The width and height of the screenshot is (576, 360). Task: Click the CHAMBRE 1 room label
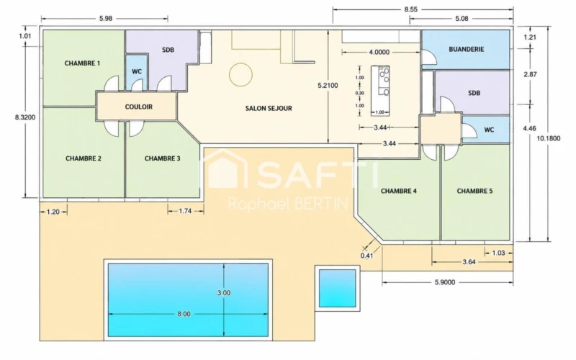point(82,63)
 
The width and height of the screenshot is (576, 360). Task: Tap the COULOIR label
point(138,107)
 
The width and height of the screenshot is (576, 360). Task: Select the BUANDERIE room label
point(466,49)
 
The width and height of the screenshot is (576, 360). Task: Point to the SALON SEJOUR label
point(269,109)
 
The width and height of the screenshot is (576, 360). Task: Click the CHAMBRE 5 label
point(474,191)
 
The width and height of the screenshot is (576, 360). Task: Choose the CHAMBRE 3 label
point(163,158)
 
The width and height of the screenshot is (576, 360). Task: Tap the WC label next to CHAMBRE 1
point(137,71)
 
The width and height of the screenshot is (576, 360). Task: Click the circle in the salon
point(240,75)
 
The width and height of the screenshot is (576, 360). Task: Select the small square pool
point(337,289)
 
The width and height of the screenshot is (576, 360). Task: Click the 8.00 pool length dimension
point(184,314)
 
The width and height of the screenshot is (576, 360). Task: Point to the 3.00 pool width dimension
point(224,293)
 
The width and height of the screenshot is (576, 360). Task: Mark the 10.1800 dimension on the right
point(549,138)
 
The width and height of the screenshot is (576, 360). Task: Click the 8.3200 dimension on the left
point(25,117)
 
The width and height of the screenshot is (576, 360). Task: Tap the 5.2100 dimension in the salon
point(328,86)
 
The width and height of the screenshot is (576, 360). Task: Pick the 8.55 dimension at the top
point(411,9)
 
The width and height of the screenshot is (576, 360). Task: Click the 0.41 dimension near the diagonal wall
point(366,256)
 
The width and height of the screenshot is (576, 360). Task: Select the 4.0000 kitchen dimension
point(379,52)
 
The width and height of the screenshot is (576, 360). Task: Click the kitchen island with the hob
point(380,91)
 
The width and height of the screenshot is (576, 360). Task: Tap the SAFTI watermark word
point(318,176)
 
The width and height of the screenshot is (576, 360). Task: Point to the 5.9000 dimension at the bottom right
point(445,282)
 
